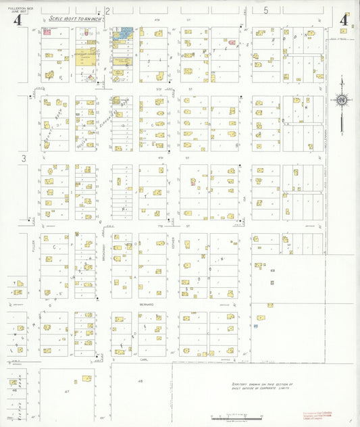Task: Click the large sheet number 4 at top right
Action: tap(344, 20)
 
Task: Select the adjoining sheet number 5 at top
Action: tap(266, 10)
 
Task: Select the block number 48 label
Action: tap(140, 382)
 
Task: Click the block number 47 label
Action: tap(67, 392)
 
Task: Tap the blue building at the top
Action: tap(125, 33)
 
